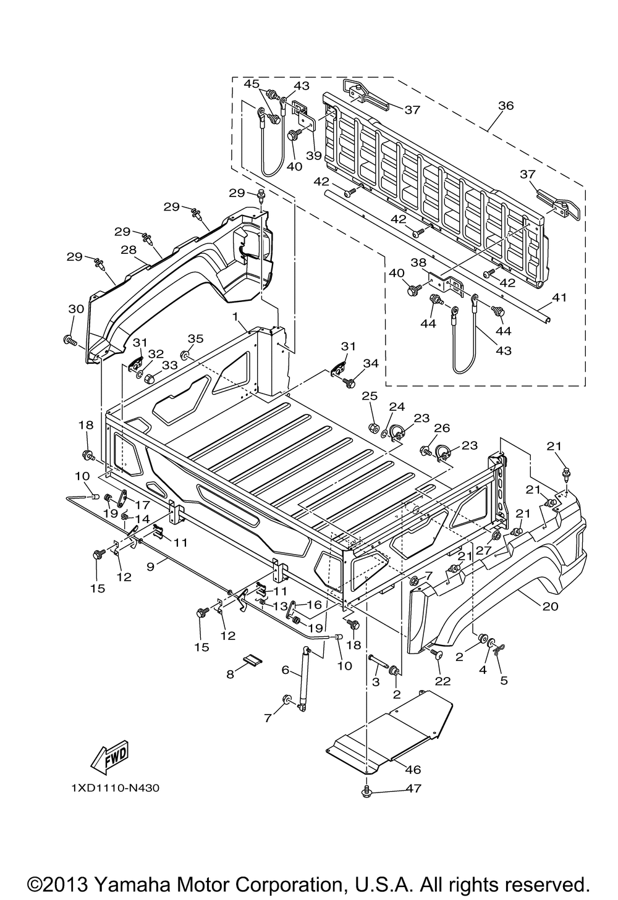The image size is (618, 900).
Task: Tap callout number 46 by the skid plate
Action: (413, 770)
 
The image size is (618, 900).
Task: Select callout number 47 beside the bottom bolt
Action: (413, 799)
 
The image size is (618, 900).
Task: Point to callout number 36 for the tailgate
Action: (506, 106)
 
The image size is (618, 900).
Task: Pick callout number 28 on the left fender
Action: (129, 250)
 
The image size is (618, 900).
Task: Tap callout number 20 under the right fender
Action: (551, 606)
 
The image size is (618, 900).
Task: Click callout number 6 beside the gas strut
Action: (286, 670)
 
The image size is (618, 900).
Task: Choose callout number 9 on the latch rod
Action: (150, 567)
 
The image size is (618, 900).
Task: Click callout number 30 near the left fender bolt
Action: (77, 309)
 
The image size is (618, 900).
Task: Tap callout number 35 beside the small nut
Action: (196, 339)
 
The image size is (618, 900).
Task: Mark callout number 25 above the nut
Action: (370, 396)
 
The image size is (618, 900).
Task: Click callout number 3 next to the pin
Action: (376, 682)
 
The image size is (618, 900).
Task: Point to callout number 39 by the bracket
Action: (314, 156)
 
